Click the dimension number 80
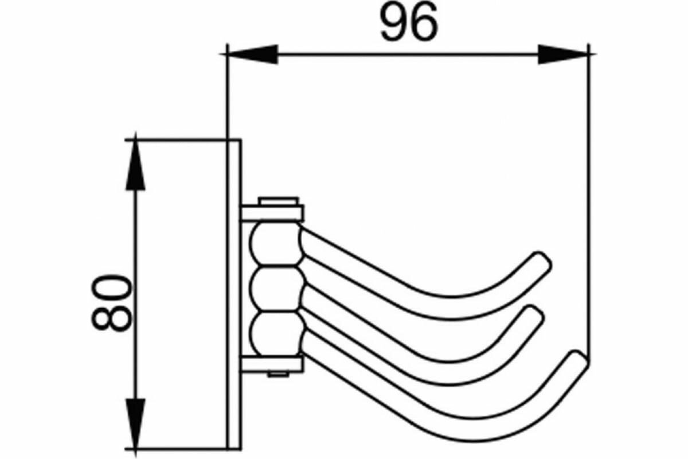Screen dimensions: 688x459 coord(111,302)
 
